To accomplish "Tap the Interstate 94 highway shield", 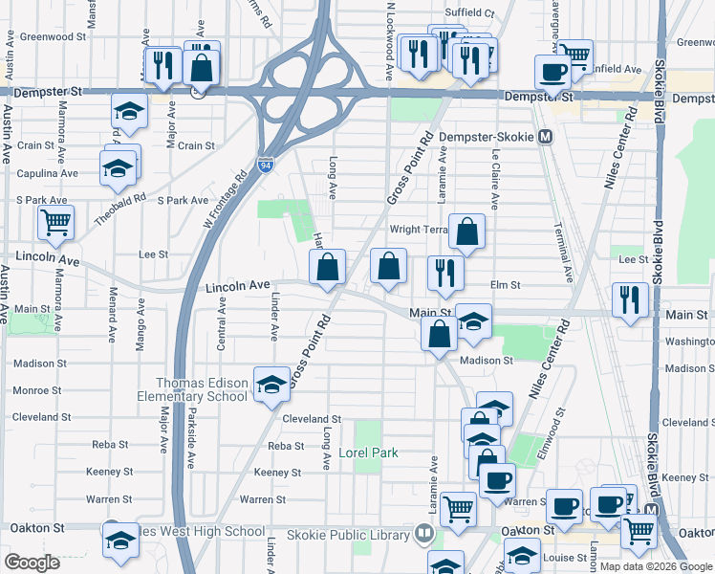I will pyautogui.click(x=265, y=164).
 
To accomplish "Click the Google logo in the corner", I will pyautogui.click(x=32, y=563).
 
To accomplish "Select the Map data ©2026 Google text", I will pyautogui.click(x=656, y=566).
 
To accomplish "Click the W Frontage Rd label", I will pyautogui.click(x=227, y=198).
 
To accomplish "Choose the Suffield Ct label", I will pyautogui.click(x=474, y=14).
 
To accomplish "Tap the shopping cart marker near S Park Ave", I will pyautogui.click(x=56, y=223).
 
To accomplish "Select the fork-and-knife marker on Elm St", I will pyautogui.click(x=445, y=273).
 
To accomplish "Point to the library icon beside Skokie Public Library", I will pyautogui.click(x=423, y=532).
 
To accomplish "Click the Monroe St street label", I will pyautogui.click(x=38, y=390).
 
